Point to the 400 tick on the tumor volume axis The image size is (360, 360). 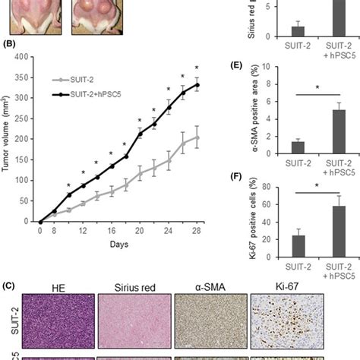22,58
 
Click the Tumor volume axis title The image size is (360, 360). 8,141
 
